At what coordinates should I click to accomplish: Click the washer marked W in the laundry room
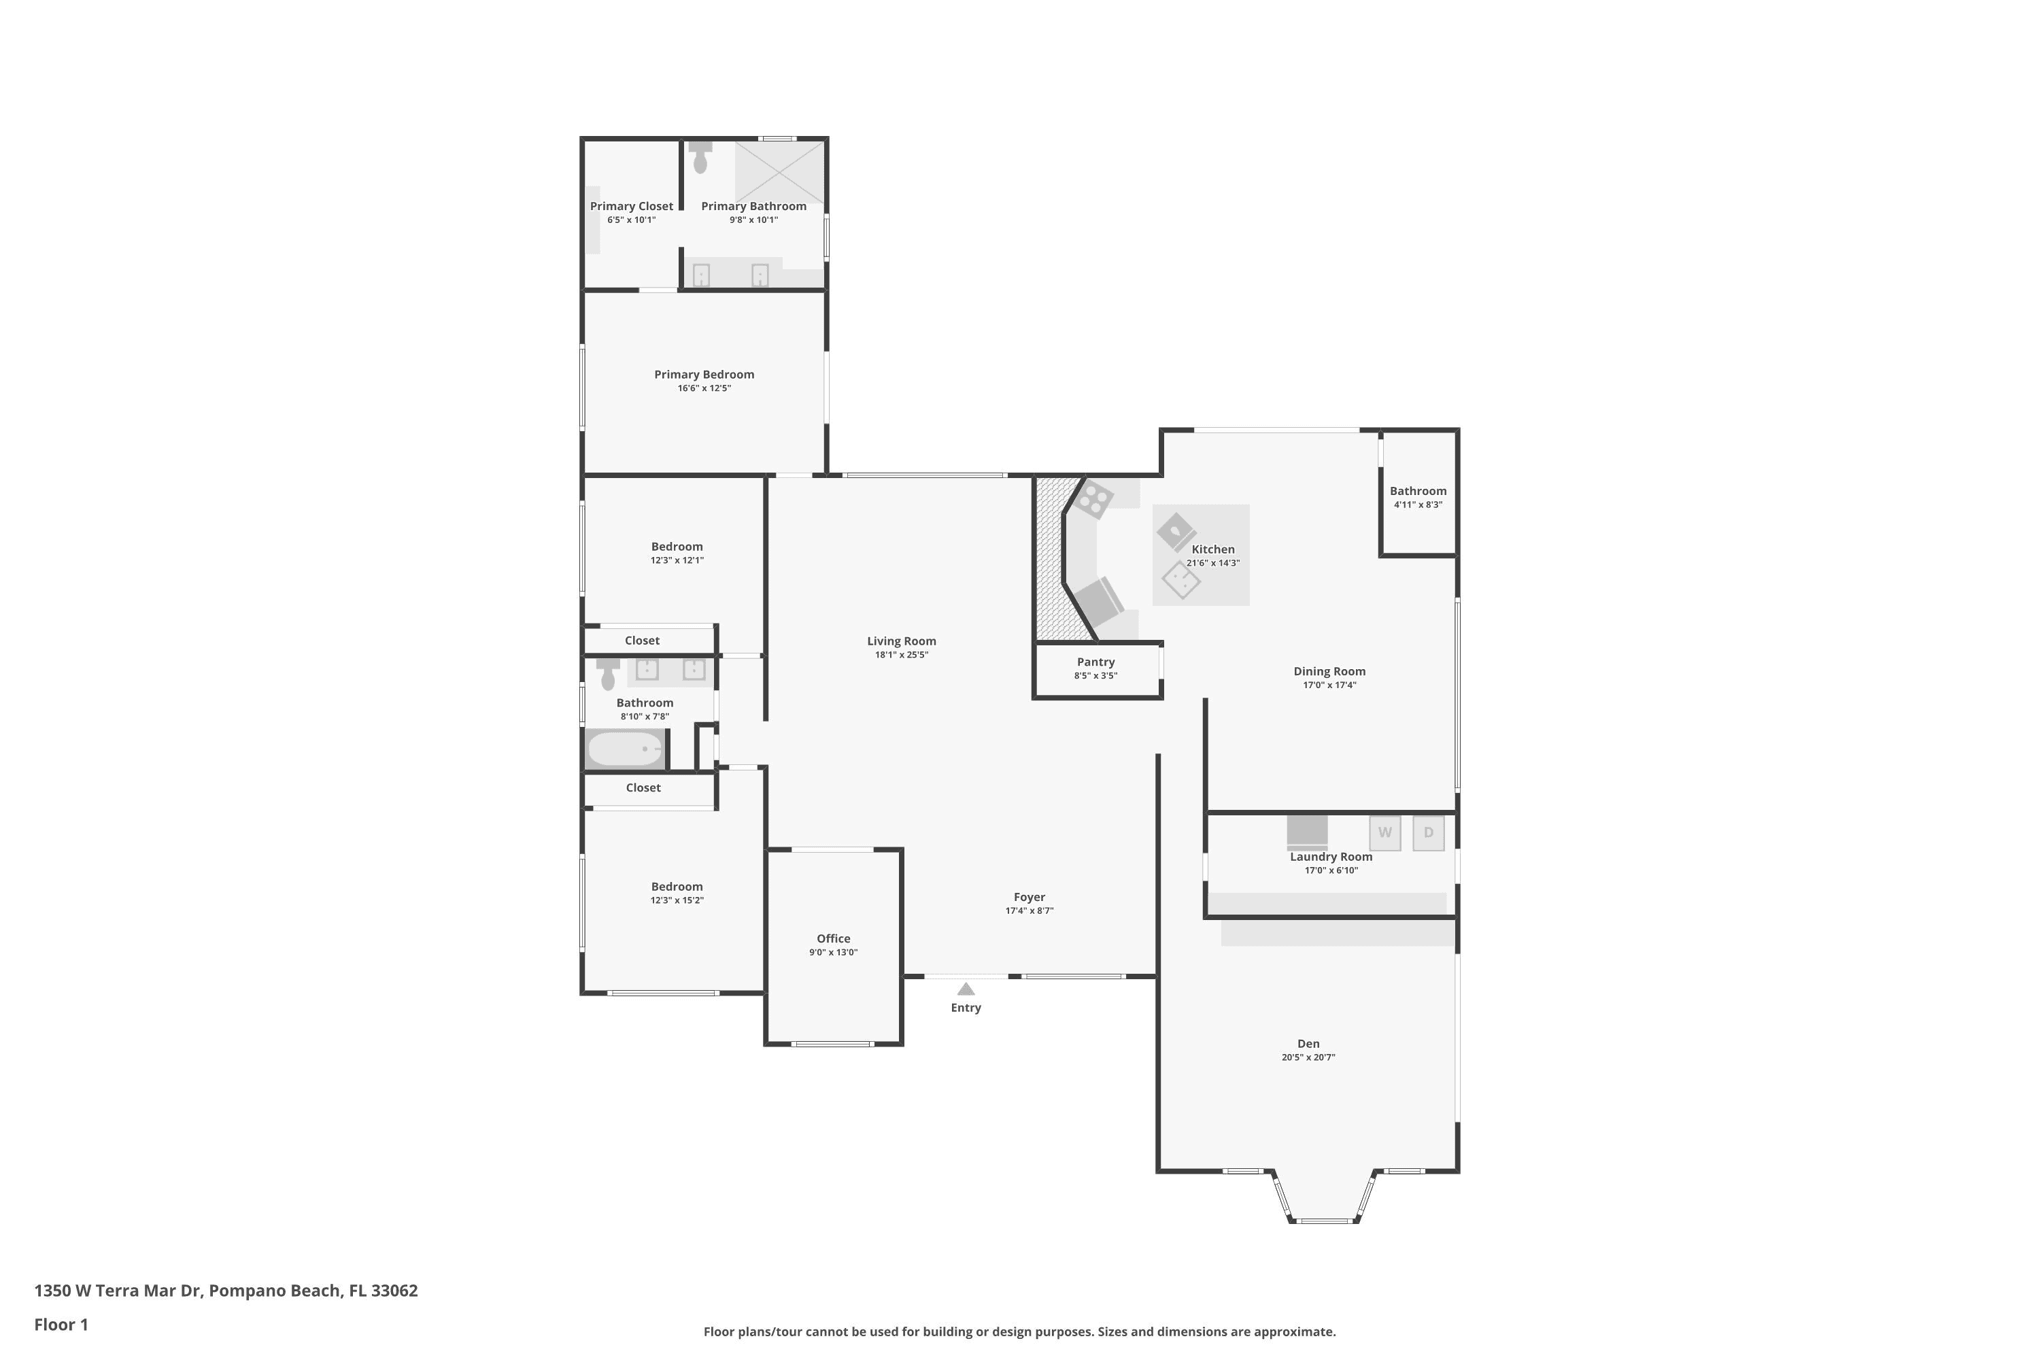pyautogui.click(x=1385, y=832)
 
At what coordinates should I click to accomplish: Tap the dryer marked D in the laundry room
pyautogui.click(x=1429, y=832)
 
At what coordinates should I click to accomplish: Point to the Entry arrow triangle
pyautogui.click(x=966, y=989)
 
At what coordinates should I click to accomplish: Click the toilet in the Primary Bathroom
pyautogui.click(x=700, y=157)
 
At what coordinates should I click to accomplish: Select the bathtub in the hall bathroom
pyautogui.click(x=624, y=749)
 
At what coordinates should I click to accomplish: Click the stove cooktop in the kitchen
pyautogui.click(x=1095, y=498)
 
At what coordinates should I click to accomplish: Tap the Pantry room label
pyautogui.click(x=1095, y=662)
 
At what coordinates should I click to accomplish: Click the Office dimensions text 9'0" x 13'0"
pyautogui.click(x=834, y=953)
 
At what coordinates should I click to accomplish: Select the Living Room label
pyautogui.click(x=901, y=641)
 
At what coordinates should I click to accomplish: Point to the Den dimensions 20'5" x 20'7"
pyautogui.click(x=1308, y=1057)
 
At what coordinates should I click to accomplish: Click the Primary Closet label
pyautogui.click(x=632, y=205)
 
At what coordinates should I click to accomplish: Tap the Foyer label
pyautogui.click(x=1030, y=897)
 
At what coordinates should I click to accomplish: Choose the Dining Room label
pyautogui.click(x=1329, y=671)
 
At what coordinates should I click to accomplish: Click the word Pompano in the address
pyautogui.click(x=248, y=1291)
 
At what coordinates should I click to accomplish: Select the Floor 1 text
pyautogui.click(x=61, y=1325)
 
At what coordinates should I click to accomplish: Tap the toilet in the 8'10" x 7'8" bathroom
pyautogui.click(x=608, y=674)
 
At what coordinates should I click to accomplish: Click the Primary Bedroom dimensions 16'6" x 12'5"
pyautogui.click(x=704, y=388)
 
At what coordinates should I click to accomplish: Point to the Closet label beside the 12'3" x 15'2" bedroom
pyautogui.click(x=643, y=787)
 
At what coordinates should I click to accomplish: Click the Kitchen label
pyautogui.click(x=1212, y=549)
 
